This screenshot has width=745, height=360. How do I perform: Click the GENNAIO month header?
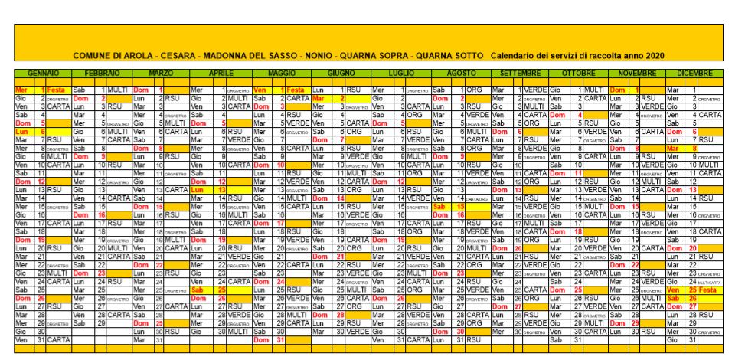coord(44,73)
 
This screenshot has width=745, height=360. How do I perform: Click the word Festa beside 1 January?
coord(57,90)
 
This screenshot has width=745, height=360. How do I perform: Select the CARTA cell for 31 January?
coord(59,339)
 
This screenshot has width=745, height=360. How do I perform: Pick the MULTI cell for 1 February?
coord(117,90)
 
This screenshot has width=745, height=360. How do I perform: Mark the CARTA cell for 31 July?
coord(417,339)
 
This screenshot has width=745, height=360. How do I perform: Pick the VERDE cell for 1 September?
coord(534,90)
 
